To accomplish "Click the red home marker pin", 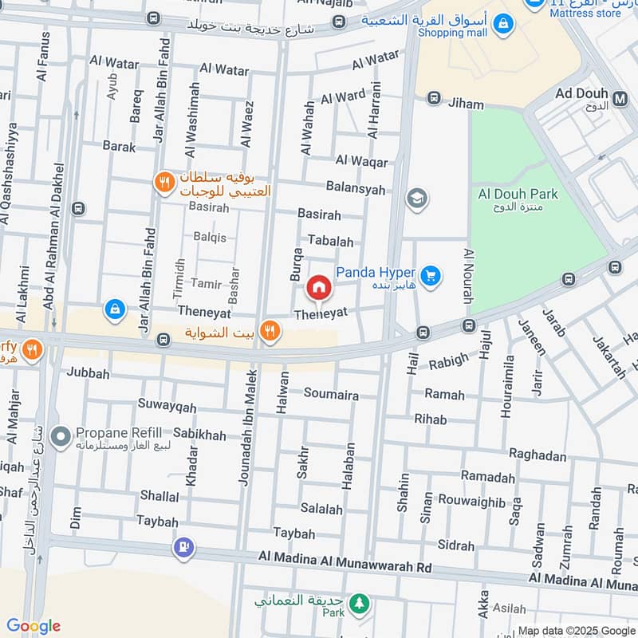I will (319, 287).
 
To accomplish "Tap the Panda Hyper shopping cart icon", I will (431, 276).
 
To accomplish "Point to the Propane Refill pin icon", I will (60, 437).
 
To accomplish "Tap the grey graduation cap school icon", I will (416, 199).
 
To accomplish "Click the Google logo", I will (33, 626).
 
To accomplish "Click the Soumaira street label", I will (331, 394).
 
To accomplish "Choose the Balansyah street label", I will (356, 189).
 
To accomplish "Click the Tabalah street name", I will (330, 242).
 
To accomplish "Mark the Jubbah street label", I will (88, 372).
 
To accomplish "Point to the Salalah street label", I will (321, 509).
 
